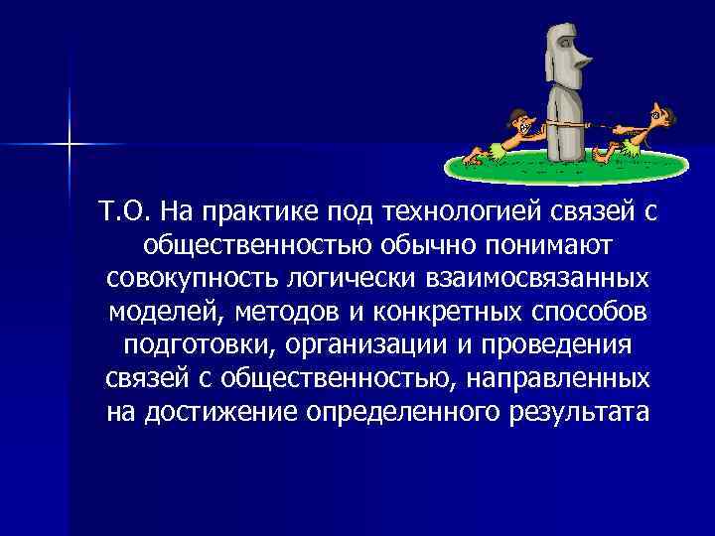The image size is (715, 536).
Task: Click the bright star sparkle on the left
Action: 70,145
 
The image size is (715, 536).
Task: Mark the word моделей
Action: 166,312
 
